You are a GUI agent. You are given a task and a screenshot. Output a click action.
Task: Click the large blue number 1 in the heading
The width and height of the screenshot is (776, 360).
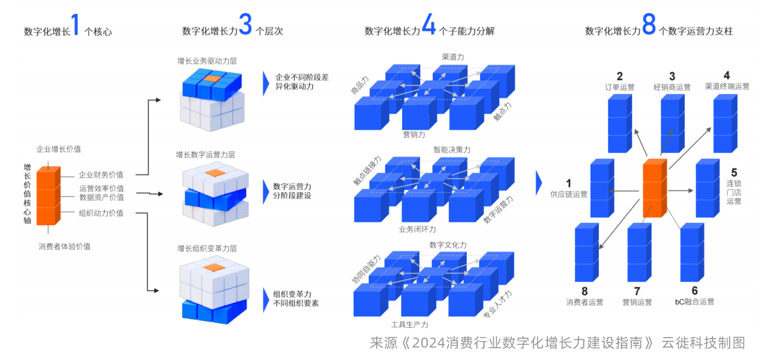pyautogui.click(x=76, y=25)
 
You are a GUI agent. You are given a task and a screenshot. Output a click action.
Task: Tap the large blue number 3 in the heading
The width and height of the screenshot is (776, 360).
pyautogui.click(x=245, y=25)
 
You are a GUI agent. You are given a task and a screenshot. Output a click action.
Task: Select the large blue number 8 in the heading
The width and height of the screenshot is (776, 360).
pyautogui.click(x=648, y=25)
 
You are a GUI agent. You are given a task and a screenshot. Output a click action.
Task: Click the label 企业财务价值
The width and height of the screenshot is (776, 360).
pyautogui.click(x=101, y=175)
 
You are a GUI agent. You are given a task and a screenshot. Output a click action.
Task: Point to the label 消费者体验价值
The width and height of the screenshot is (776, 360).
pyautogui.click(x=65, y=246)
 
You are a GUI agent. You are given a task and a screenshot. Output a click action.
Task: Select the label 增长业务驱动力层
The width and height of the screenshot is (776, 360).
pyautogui.click(x=207, y=61)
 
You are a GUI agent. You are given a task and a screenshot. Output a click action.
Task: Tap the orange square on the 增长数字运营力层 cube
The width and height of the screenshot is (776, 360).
pyautogui.click(x=213, y=172)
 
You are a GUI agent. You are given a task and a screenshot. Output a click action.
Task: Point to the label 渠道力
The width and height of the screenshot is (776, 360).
pyautogui.click(x=453, y=57)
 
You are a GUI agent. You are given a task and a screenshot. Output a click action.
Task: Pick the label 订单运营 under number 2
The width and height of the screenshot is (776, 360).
pyautogui.click(x=620, y=87)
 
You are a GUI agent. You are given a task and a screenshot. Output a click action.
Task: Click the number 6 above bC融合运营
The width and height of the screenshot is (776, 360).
pyautogui.click(x=694, y=291)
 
